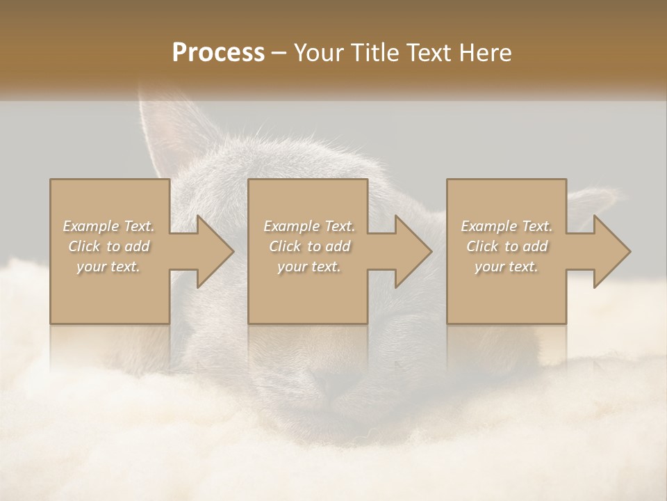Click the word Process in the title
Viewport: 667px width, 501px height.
pyautogui.click(x=218, y=53)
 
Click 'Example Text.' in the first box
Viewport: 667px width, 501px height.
pyautogui.click(x=108, y=226)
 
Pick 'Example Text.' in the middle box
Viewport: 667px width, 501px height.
pyautogui.click(x=309, y=226)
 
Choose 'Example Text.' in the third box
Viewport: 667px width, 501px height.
pyautogui.click(x=507, y=226)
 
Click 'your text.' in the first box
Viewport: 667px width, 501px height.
pyautogui.click(x=108, y=267)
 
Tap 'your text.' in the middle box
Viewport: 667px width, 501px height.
pyautogui.click(x=309, y=267)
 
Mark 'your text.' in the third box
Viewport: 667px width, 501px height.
pyautogui.click(x=507, y=267)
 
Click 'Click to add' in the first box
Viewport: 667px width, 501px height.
pyautogui.click(x=108, y=246)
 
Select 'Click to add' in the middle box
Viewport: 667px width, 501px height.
pyautogui.click(x=309, y=246)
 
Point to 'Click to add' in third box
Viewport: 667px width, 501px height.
pyautogui.click(x=507, y=246)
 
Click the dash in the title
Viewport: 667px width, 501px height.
pyautogui.click(x=279, y=54)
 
